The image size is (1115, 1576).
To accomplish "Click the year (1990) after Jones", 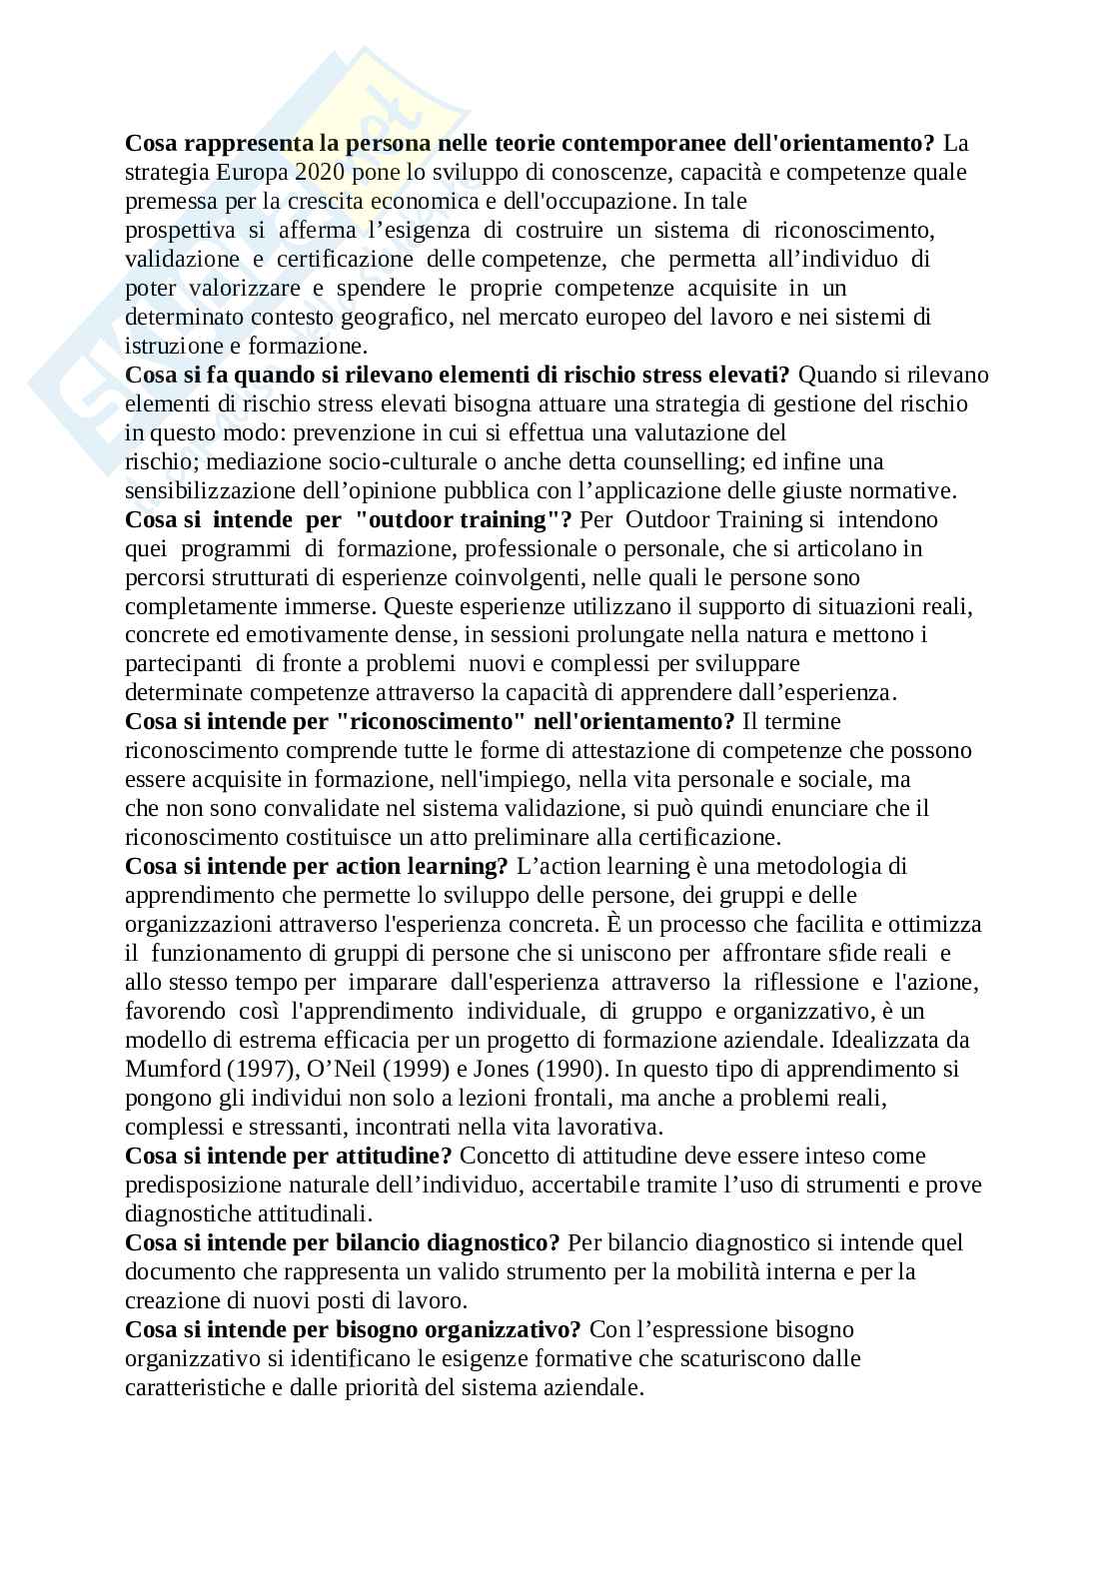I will click(x=570, y=1069).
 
